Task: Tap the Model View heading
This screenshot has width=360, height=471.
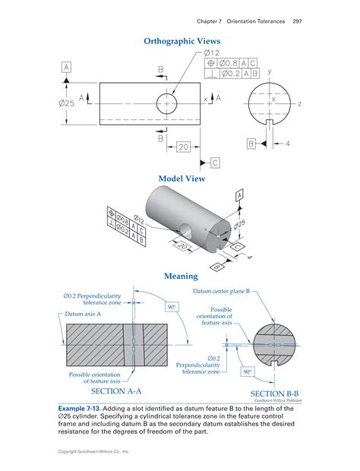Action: (182, 179)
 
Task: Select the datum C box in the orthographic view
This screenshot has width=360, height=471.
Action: (215, 163)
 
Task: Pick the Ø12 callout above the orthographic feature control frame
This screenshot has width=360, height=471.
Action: (212, 52)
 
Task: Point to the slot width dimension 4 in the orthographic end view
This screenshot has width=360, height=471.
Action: (288, 144)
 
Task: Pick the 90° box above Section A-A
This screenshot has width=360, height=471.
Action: (172, 307)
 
